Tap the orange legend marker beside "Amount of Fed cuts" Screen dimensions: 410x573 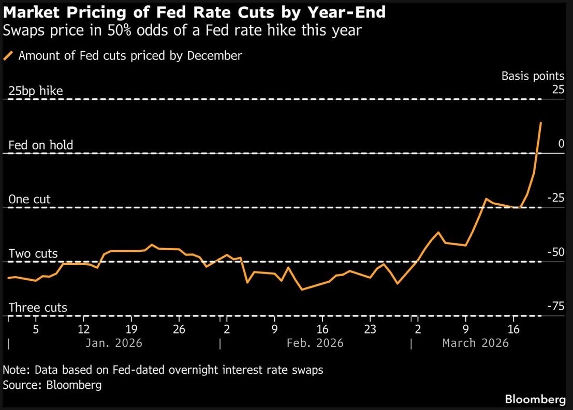[x=9, y=56]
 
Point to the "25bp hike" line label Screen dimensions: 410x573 [x=36, y=91]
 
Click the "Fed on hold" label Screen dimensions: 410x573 [x=41, y=145]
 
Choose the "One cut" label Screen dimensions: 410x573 [x=30, y=200]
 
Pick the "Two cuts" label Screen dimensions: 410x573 [x=33, y=254]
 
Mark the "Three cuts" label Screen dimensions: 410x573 [x=38, y=308]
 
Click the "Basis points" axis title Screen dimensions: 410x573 [x=533, y=76]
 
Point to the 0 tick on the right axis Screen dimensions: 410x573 [x=561, y=144]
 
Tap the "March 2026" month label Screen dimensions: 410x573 [x=475, y=343]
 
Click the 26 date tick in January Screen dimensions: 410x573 [x=179, y=329]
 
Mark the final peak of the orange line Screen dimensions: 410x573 [x=541, y=123]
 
